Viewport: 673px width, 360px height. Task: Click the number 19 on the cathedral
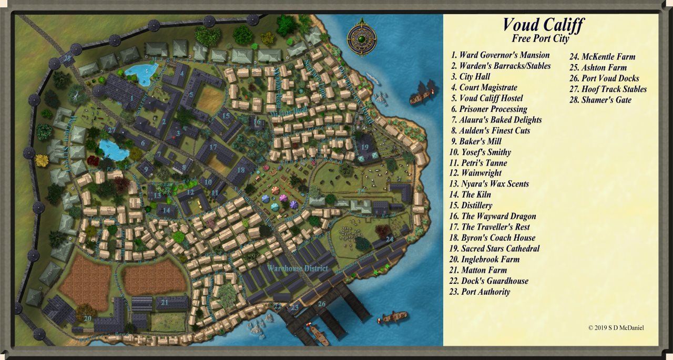point(365,146)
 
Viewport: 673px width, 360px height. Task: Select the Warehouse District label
point(298,269)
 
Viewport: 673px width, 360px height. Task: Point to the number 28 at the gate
point(68,58)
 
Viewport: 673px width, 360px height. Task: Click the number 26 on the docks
point(322,303)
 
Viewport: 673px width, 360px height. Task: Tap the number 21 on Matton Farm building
point(165,302)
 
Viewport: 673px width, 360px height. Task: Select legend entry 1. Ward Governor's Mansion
point(500,55)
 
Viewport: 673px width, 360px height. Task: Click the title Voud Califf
point(543,25)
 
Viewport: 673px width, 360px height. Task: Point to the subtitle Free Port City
point(540,39)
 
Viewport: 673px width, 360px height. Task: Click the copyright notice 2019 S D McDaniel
point(616,328)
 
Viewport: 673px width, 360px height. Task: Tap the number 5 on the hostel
point(192,95)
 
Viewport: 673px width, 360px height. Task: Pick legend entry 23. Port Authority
point(480,292)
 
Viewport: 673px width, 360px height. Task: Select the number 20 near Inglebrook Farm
point(87,318)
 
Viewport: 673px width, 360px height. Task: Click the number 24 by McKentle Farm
point(390,239)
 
